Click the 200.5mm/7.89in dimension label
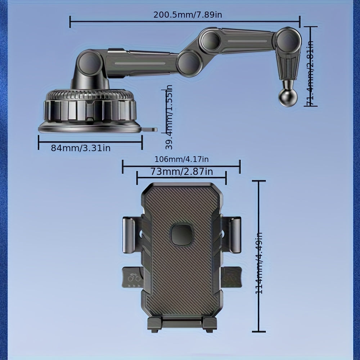185,15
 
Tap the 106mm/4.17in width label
181,159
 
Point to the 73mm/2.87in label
181,172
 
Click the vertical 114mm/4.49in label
259,263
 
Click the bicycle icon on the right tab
228,278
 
